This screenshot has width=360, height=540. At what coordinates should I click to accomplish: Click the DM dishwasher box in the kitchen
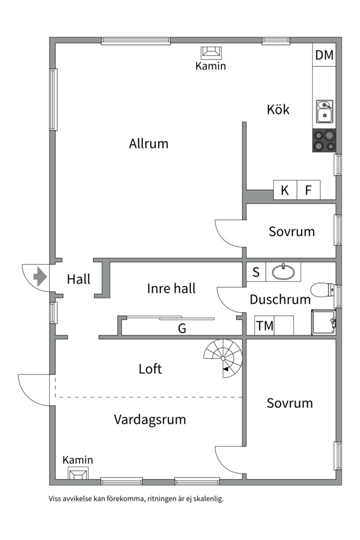coord(324,55)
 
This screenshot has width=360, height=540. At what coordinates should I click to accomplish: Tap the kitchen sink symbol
coord(324,111)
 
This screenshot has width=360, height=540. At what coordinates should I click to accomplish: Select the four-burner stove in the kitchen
coord(324,140)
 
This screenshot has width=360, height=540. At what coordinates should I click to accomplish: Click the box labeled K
coord(285,190)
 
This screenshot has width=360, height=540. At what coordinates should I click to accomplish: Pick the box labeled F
coord(308,190)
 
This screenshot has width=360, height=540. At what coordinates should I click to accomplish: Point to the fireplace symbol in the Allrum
coord(210,52)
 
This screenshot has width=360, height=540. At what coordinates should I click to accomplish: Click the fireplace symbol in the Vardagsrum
coord(77,473)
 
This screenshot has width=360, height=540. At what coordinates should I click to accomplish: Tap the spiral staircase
coord(223,357)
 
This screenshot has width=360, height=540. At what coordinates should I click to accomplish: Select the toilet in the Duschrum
coord(322,290)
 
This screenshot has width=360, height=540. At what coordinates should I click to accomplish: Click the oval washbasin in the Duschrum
coord(283,272)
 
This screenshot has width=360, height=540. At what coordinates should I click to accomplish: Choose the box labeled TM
coord(264,326)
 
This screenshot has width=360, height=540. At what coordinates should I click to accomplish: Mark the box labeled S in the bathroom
coord(256,272)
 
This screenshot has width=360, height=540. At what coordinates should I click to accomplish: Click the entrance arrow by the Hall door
coord(39,275)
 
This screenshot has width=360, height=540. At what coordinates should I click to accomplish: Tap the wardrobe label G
coord(182,328)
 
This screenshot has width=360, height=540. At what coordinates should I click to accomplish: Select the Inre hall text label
coord(171,288)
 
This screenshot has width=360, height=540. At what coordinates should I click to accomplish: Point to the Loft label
coord(150,369)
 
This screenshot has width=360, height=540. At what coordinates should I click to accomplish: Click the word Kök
coord(278,109)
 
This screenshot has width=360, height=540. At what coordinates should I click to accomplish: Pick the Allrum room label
coord(148,144)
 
